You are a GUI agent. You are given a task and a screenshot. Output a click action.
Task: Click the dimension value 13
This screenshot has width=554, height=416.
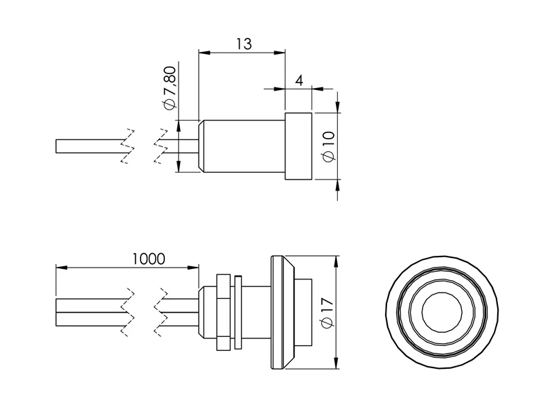coord(242,44)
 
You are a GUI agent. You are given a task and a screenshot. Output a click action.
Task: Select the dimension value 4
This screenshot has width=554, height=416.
coord(299,80)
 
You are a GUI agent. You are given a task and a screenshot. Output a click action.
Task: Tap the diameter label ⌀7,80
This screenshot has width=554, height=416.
coord(170,86)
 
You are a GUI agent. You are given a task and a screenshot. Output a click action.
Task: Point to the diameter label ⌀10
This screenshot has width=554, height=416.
coord(328,146)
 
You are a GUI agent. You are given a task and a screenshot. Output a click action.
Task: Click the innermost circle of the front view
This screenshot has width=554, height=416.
coord(442,313)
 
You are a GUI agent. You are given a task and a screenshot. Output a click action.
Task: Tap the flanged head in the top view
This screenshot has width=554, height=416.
coord(298,146)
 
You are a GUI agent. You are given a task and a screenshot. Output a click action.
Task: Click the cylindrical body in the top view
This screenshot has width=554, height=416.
coord(242,146)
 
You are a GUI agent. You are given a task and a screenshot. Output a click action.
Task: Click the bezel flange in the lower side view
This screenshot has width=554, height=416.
coord(280,313)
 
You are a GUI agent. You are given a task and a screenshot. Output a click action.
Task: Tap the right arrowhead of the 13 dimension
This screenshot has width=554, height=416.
coord(280,51)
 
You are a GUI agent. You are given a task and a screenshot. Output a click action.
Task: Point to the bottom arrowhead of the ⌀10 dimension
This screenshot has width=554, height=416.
coord(337,184)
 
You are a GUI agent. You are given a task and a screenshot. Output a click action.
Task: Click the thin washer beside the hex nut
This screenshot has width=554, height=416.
coord(238,313)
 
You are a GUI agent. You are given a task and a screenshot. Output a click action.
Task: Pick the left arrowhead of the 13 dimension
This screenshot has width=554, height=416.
coord(204,51)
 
